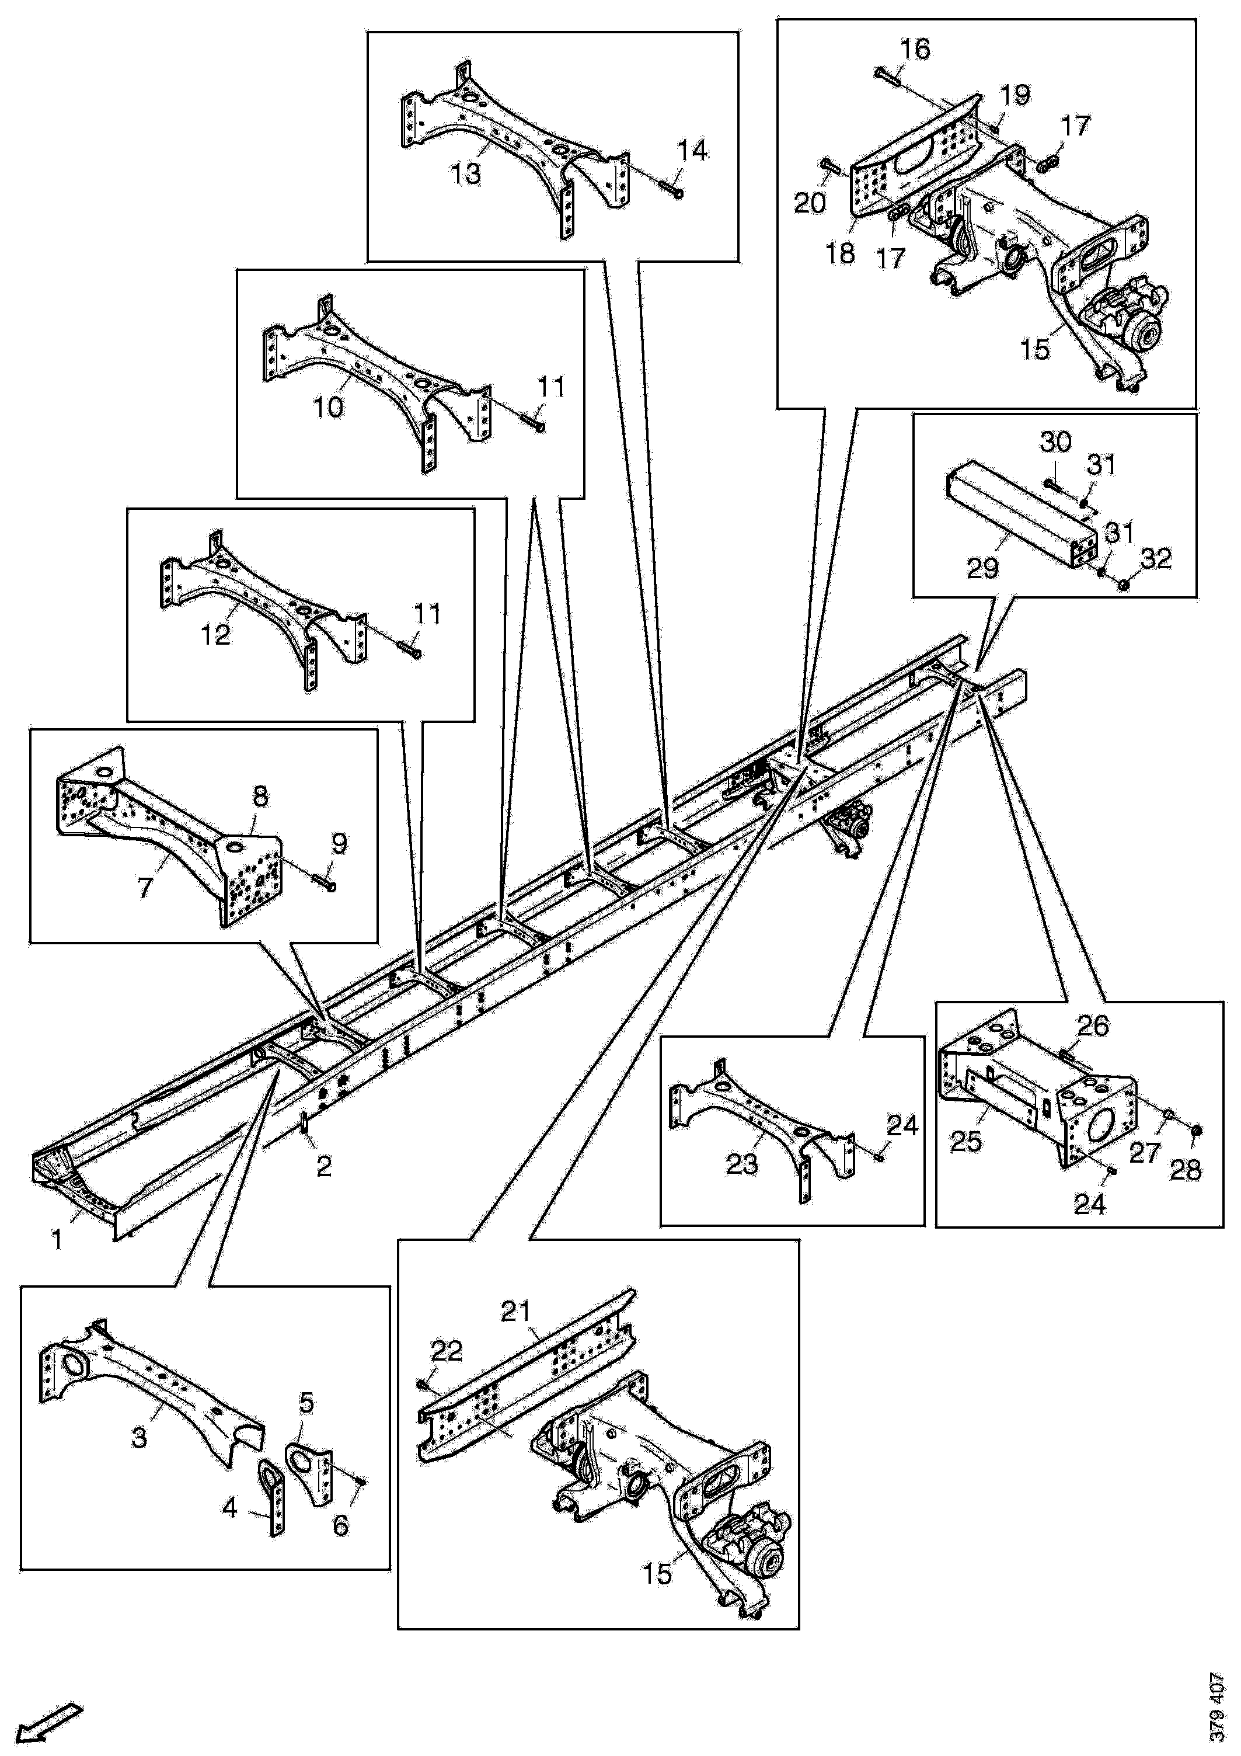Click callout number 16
[x=915, y=50]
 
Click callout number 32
[x=1155, y=558]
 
